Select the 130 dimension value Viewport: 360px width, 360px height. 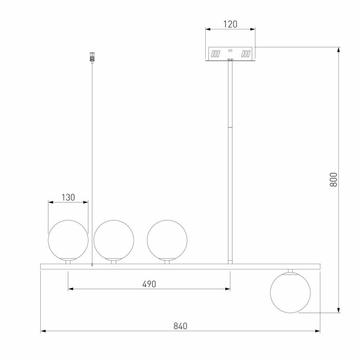tap(68, 197)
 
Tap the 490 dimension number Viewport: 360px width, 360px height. tap(149, 284)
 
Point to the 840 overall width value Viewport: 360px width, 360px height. tap(180, 326)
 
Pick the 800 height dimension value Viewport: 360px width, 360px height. tap(333, 179)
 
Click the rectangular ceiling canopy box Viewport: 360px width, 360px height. tap(230, 53)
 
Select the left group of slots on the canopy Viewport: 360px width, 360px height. tap(216, 53)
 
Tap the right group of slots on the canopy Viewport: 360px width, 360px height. tap(246, 53)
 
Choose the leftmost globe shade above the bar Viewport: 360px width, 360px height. tap(68, 239)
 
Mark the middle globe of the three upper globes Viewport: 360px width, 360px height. tap(114, 239)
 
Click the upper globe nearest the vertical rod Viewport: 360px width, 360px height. tap(167, 239)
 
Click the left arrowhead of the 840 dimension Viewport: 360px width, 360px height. tap(43, 331)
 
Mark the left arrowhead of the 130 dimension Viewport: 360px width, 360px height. tap(49, 202)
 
